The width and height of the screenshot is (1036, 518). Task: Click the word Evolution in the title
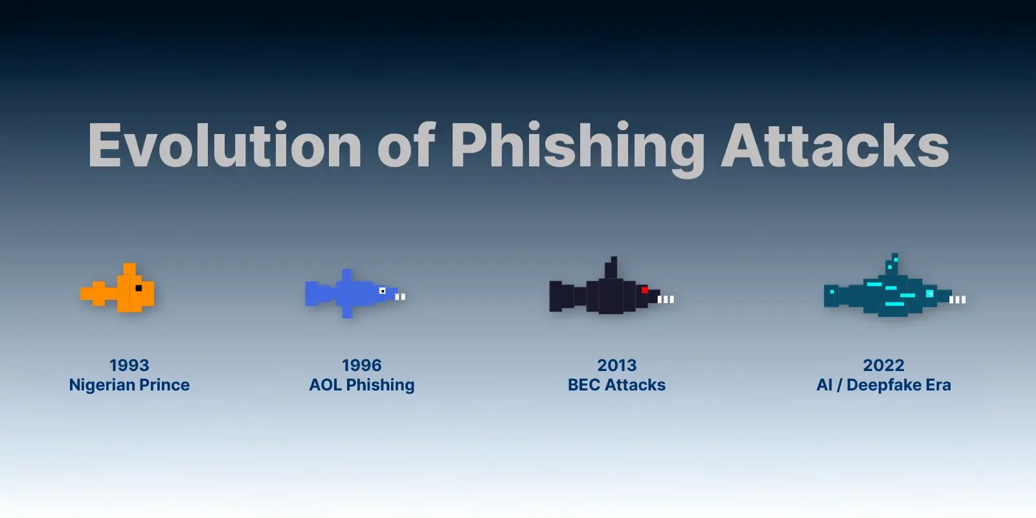[x=225, y=146]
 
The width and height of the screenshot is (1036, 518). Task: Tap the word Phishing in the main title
[x=578, y=146]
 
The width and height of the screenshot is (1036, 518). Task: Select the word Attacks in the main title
[x=835, y=146]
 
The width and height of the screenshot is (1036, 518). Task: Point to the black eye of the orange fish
[x=139, y=287]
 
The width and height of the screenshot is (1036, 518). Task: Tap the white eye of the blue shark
[x=382, y=291]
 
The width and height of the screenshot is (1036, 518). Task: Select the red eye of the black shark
[x=645, y=290]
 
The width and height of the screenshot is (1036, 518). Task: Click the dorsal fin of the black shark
[x=611, y=269]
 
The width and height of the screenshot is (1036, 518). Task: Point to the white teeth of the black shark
[x=666, y=299]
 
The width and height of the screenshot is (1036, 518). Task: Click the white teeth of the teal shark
[x=958, y=299]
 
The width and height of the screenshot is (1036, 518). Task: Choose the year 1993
[x=129, y=365]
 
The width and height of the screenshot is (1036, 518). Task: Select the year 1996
[x=362, y=365]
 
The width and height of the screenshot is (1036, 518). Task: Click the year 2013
[x=616, y=365]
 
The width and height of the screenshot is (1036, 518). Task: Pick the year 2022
[x=884, y=365]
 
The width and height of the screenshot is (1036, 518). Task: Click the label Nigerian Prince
[x=129, y=385]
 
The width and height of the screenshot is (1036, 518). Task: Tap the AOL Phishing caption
[x=362, y=385]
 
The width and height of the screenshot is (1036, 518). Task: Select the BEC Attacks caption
[x=616, y=385]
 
